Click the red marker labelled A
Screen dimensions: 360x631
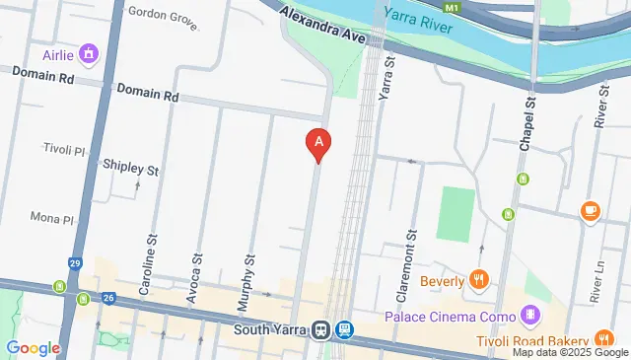point(317,144)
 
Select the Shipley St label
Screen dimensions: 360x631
point(131,169)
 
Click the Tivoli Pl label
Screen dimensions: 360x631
point(66,148)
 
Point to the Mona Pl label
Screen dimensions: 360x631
point(52,217)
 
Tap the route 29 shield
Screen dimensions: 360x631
point(76,264)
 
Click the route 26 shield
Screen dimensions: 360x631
point(108,297)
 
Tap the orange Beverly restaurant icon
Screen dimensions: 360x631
point(479,280)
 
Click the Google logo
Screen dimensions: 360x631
point(34,347)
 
